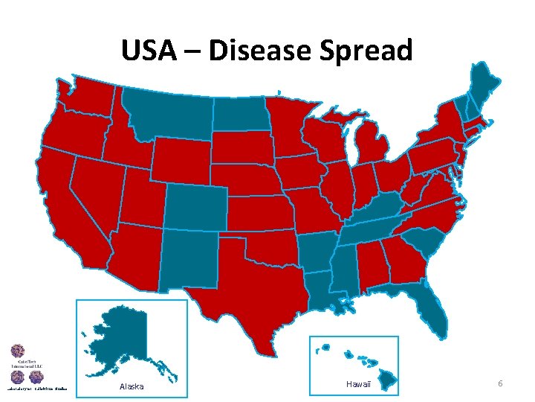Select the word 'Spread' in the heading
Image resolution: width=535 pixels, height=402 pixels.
click(x=369, y=51)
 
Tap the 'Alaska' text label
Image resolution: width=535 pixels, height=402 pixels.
click(x=132, y=386)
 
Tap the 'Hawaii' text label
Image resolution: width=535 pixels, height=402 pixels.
click(x=358, y=383)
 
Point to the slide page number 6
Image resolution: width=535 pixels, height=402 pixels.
click(x=500, y=383)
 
